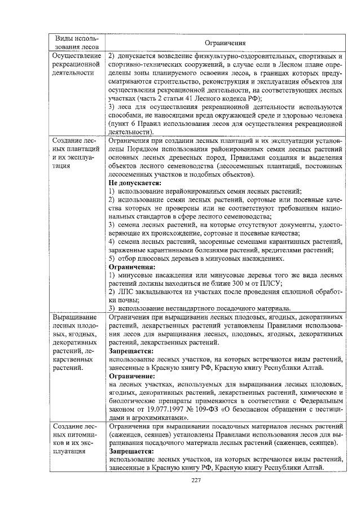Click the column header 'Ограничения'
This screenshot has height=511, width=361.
[224, 42]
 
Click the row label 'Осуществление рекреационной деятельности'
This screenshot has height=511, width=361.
[76, 64]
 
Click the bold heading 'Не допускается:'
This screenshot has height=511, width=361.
[132, 184]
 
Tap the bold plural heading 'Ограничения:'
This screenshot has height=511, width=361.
[131, 267]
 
